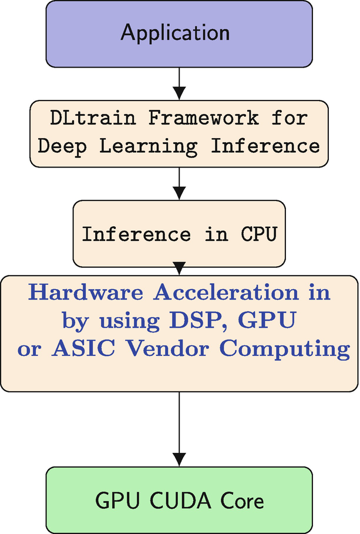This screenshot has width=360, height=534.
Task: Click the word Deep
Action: point(63,145)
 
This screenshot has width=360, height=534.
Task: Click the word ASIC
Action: point(75,350)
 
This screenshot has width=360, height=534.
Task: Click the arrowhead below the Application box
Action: point(180,92)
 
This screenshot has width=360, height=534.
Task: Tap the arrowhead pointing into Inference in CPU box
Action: point(180,193)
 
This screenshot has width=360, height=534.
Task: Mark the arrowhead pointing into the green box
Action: point(180,459)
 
